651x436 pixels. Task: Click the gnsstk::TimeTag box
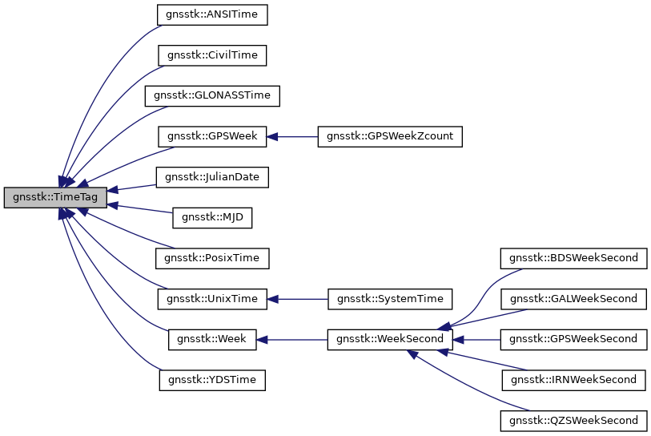point(55,197)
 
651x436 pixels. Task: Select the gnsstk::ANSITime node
point(212,14)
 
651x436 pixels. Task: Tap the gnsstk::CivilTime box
point(212,55)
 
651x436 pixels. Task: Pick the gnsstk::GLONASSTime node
point(212,95)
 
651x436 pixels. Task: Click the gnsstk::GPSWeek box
point(212,136)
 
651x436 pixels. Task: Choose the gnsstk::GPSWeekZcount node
point(391,136)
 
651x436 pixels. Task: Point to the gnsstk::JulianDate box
point(212,176)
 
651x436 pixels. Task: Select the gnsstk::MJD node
point(212,217)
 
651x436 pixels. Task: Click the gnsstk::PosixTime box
point(212,258)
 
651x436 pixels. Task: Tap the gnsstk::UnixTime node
point(212,299)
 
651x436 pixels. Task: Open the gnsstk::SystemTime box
point(391,299)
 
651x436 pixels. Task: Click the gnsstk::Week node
point(212,339)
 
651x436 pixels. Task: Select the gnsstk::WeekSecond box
point(391,339)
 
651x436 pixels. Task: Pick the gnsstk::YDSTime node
point(212,380)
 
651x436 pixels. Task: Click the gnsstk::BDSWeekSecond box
point(573,258)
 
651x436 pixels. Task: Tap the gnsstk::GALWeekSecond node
point(573,299)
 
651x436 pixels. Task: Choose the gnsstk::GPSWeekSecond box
point(573,339)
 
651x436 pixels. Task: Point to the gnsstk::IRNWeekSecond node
point(573,380)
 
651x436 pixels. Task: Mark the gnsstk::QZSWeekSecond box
point(573,420)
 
